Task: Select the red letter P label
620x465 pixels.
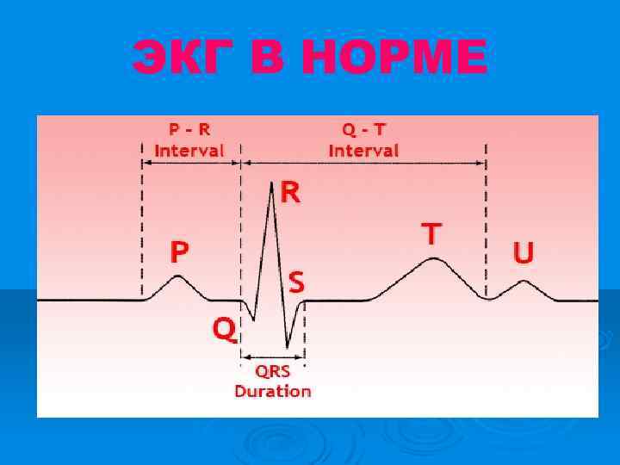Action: (179, 251)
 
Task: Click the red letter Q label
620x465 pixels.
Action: (224, 328)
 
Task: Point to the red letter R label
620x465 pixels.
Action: (291, 193)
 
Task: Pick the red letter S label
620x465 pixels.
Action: (296, 281)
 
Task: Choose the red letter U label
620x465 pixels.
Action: (523, 252)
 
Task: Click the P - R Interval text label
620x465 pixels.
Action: (189, 139)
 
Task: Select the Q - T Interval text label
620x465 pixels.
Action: (364, 139)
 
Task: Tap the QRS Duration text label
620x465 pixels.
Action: (273, 381)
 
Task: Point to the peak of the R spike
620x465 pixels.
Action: (272, 183)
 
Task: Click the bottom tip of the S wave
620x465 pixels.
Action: (288, 347)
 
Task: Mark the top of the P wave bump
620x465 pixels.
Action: (177, 276)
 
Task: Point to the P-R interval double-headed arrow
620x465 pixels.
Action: (191, 162)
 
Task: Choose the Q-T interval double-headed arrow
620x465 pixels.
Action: (363, 162)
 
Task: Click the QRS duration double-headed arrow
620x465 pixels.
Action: (273, 356)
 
